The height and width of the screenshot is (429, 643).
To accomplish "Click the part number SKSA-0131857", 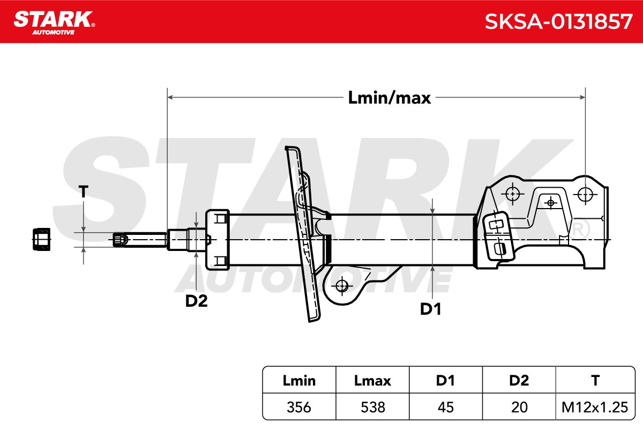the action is [x=558, y=21].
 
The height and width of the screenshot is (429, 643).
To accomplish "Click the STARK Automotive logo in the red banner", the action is [x=54, y=23].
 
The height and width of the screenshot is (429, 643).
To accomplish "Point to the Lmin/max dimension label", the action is [x=389, y=98].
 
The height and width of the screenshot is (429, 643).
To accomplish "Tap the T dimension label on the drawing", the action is [x=83, y=191].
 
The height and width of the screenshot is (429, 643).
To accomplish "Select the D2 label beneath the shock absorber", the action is [x=196, y=301].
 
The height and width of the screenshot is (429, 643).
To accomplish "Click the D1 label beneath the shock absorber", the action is [x=430, y=309].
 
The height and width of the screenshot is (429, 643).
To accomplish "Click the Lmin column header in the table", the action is [x=299, y=381].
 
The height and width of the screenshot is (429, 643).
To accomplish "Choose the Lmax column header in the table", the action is [x=372, y=381].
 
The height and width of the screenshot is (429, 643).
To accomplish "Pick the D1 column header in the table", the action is [x=445, y=381].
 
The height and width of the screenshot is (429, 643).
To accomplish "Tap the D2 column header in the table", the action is [x=519, y=381].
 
